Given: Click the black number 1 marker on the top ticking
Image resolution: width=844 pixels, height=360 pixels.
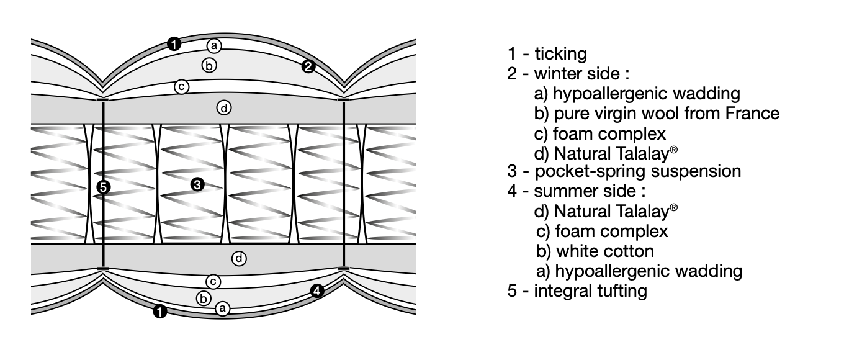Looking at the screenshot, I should (174, 43).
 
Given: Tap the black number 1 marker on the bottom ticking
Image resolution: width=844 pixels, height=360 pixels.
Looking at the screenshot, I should (160, 312).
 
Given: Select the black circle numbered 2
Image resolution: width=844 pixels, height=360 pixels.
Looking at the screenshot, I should (308, 66).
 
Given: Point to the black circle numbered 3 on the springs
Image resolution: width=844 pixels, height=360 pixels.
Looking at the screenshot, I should (197, 184).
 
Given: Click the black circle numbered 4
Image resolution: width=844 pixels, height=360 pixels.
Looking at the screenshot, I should (317, 290).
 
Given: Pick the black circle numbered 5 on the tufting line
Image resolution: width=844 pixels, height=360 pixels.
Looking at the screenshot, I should (104, 187).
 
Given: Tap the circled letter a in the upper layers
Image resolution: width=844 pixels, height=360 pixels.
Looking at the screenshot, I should (214, 45).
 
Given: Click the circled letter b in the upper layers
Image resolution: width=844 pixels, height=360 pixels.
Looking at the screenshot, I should (209, 64).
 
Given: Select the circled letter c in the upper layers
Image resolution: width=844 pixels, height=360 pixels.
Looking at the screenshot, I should (181, 87).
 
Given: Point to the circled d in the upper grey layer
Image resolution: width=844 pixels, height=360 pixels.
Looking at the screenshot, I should (223, 108).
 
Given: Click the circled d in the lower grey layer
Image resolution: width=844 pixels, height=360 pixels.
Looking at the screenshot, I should (239, 258).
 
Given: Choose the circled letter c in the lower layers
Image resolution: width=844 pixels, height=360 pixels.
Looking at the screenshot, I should (213, 282).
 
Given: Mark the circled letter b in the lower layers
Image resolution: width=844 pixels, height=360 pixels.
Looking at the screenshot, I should (203, 298).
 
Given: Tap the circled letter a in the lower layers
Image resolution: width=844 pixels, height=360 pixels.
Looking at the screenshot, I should (223, 307).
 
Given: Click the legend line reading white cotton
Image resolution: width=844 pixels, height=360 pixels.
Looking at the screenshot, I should (596, 251).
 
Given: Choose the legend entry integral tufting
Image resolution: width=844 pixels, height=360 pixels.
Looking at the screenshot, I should (590, 290).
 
